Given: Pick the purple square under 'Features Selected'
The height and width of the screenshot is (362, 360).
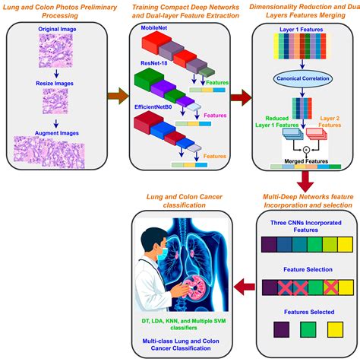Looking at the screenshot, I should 267,329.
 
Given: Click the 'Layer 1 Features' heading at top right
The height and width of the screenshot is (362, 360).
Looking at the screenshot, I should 298,30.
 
